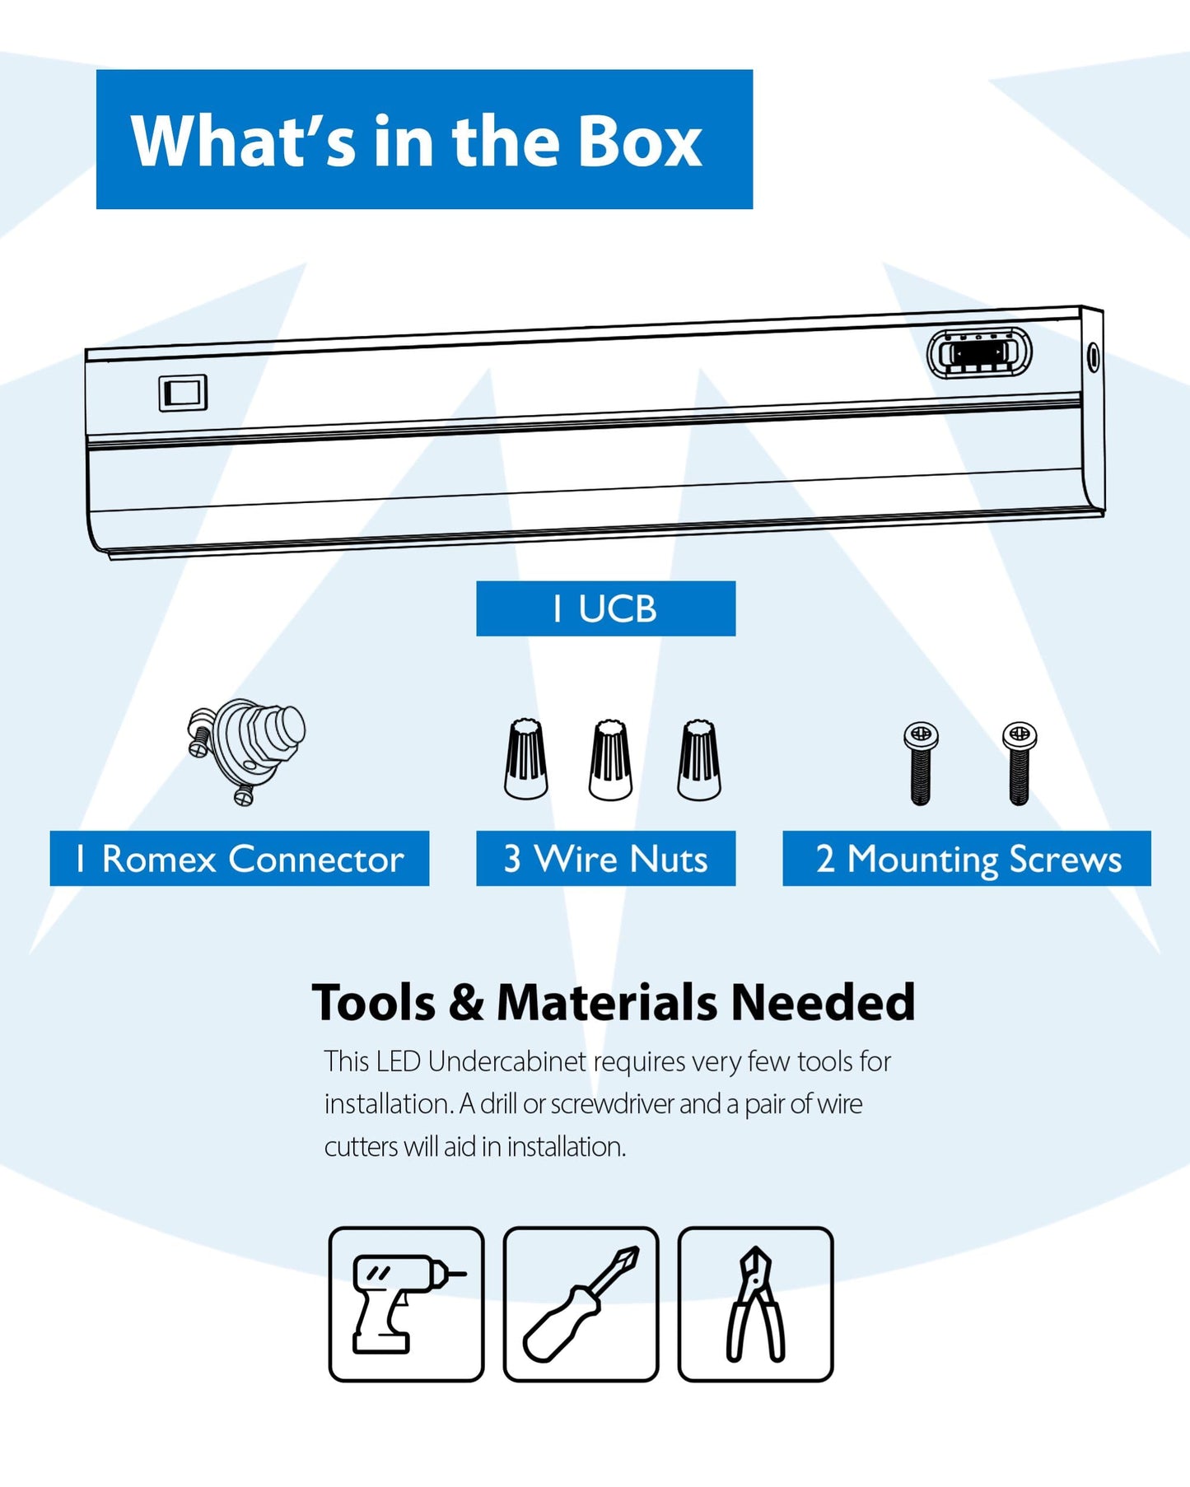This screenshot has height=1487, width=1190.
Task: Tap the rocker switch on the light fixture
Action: click(x=183, y=393)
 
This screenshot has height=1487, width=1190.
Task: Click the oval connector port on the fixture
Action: click(x=979, y=353)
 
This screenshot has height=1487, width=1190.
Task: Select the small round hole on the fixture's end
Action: click(x=1093, y=357)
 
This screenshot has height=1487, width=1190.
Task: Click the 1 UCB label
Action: click(x=605, y=608)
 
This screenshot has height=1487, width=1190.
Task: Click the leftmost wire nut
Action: click(x=526, y=759)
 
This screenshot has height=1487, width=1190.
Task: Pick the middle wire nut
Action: click(x=610, y=759)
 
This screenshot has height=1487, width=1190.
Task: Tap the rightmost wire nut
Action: click(x=698, y=759)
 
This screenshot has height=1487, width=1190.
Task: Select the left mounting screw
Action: click(x=921, y=762)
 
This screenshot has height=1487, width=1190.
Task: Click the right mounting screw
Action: click(x=1020, y=762)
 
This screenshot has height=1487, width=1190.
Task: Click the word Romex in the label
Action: click(x=159, y=859)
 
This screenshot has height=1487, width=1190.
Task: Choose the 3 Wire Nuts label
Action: click(x=605, y=859)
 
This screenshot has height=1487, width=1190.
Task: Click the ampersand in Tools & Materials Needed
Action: click(x=466, y=1003)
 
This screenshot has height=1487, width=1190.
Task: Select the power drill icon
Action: click(x=406, y=1303)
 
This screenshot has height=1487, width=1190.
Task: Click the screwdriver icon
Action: click(x=581, y=1303)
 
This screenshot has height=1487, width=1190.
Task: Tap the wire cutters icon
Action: click(x=755, y=1303)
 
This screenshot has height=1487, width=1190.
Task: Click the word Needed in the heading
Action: click(x=823, y=1003)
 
